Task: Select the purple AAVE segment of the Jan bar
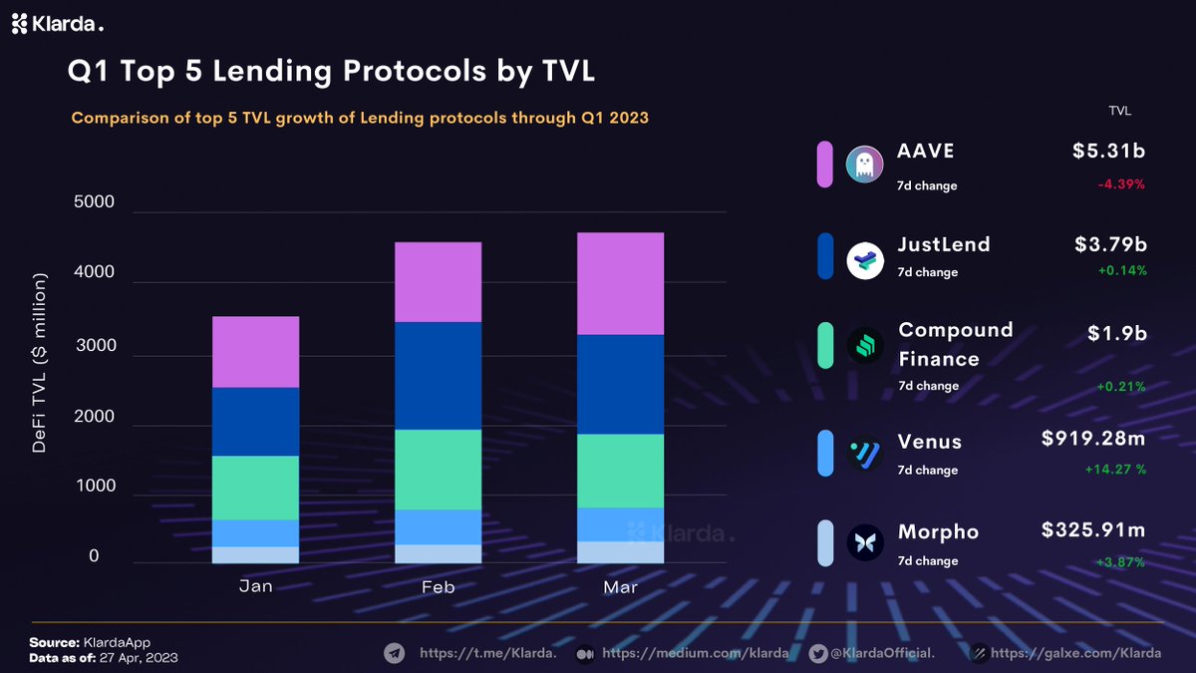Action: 256,352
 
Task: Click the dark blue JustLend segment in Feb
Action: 439,376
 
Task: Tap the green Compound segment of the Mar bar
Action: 620,471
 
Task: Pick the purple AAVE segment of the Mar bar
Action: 620,283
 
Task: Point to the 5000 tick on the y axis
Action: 95,202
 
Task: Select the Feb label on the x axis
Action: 439,588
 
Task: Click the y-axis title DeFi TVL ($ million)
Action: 40,364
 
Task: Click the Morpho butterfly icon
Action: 864,543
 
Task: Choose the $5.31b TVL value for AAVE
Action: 1108,152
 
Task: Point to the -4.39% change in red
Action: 1121,184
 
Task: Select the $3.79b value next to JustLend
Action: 1108,244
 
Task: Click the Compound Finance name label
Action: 955,344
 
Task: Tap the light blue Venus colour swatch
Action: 825,453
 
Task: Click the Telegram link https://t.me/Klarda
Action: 487,654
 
